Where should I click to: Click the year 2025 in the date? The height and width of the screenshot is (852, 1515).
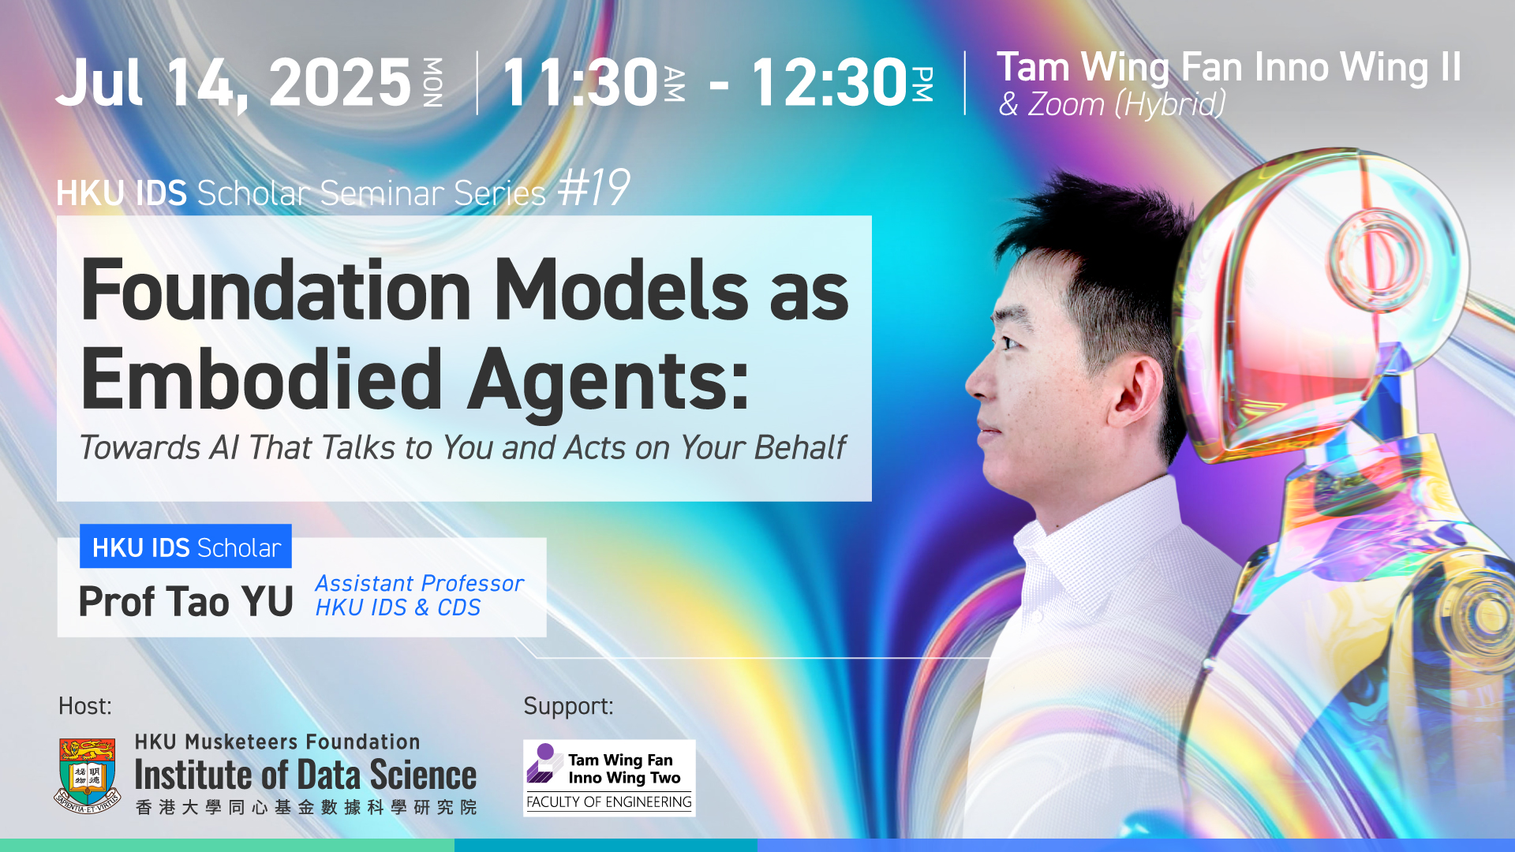click(x=340, y=83)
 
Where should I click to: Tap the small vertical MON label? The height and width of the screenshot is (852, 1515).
click(x=432, y=82)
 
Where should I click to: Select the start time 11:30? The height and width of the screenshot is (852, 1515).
click(x=580, y=83)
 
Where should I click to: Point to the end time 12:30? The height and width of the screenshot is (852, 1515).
click(x=829, y=83)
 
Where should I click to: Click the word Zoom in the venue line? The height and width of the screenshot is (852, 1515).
click(x=1065, y=105)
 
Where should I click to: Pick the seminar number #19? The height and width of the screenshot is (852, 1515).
click(x=593, y=189)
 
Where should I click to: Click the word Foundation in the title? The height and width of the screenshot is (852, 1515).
click(x=276, y=290)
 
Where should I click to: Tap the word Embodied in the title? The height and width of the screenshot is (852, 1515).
click(x=261, y=380)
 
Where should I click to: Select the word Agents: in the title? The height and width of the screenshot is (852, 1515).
click(x=608, y=383)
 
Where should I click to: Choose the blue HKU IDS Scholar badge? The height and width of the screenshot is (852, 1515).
click(x=185, y=546)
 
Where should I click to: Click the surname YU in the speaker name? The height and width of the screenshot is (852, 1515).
click(x=267, y=602)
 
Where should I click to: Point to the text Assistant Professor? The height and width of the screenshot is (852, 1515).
click(x=419, y=583)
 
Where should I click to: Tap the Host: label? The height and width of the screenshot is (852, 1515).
click(x=85, y=706)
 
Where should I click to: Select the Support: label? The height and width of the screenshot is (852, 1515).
click(x=568, y=706)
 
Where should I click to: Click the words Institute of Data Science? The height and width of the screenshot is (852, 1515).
click(x=305, y=775)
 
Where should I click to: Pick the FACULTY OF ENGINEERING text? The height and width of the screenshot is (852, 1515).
click(x=608, y=802)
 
